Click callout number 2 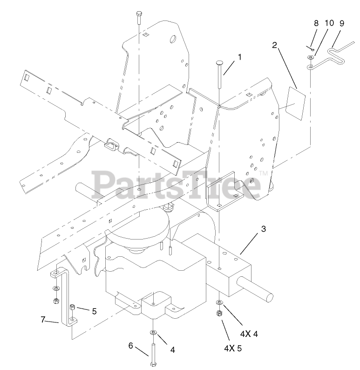click(275, 45)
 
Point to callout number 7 click(43, 320)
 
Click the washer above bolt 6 click(154, 332)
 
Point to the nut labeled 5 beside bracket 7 click(73, 308)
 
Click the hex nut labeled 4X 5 click(219, 314)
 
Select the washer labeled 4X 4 click(219, 303)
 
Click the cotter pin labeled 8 click(310, 48)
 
